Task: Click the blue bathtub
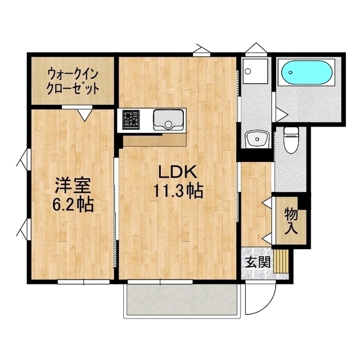pyautogui.click(x=307, y=73)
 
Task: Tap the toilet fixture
pyautogui.click(x=291, y=140)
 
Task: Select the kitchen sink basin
pyautogui.click(x=169, y=120)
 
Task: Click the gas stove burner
pyautogui.click(x=131, y=120)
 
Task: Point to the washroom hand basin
pyautogui.click(x=257, y=139)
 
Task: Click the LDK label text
pyautogui.click(x=178, y=172)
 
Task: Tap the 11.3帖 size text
pyautogui.click(x=178, y=191)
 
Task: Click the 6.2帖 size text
pyautogui.click(x=73, y=204)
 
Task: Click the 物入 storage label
pyautogui.click(x=291, y=221)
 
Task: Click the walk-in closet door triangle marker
pyautogui.click(x=85, y=115)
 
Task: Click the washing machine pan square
pyautogui.click(x=255, y=71)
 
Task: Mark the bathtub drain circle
pyautogui.click(x=290, y=73)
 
